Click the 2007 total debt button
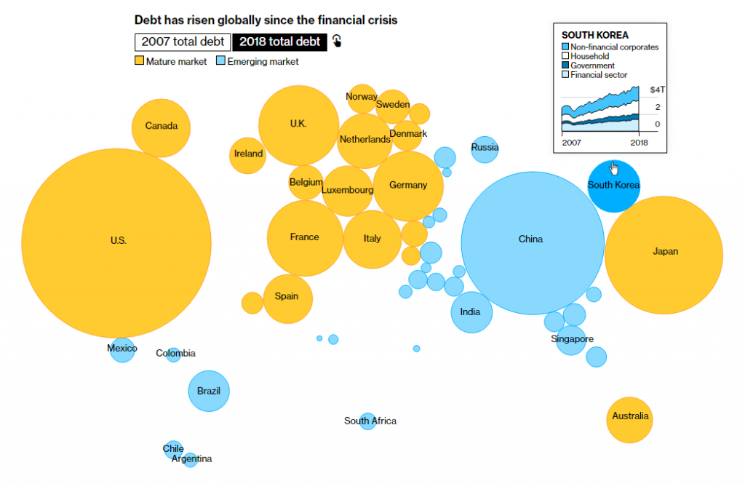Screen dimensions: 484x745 (182, 41)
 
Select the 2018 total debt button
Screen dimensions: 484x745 (279, 41)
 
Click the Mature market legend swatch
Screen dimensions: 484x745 (139, 61)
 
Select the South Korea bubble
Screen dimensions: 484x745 (613, 186)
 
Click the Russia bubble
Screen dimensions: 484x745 (485, 148)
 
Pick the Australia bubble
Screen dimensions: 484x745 (630, 419)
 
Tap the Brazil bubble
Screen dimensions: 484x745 (209, 392)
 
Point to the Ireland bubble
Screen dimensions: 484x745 (248, 154)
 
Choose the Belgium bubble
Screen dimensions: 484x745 (306, 182)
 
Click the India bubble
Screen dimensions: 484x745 (471, 312)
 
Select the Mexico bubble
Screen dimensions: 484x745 (122, 349)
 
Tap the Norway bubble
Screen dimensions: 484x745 (362, 98)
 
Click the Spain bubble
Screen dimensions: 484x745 (287, 298)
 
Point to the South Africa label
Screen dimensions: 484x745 (370, 421)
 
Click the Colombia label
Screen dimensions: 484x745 (175, 354)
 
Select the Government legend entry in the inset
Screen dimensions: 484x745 (592, 66)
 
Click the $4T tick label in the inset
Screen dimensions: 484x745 (657, 90)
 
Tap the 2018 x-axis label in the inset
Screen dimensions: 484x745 (638, 141)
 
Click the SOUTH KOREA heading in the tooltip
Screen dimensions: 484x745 (595, 35)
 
